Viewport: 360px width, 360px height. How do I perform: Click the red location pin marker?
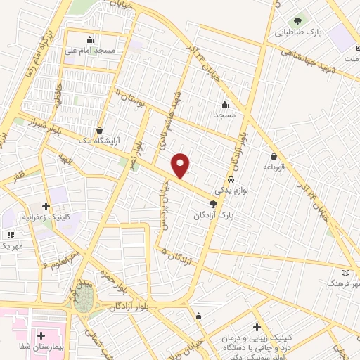[181, 165]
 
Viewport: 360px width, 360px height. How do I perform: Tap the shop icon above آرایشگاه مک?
[100, 130]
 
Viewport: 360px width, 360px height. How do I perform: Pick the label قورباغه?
[273, 167]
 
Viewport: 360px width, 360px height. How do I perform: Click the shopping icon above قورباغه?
[273, 156]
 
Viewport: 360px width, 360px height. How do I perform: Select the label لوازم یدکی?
[230, 190]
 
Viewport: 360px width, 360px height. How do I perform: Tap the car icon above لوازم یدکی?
[230, 179]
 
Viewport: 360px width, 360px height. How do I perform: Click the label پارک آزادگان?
[213, 214]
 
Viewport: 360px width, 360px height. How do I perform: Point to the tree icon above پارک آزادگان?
[213, 203]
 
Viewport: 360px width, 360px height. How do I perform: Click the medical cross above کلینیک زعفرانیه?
[46, 207]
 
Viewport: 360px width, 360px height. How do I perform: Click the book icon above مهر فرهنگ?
[345, 272]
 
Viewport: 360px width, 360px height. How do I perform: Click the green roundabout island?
[84, 301]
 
